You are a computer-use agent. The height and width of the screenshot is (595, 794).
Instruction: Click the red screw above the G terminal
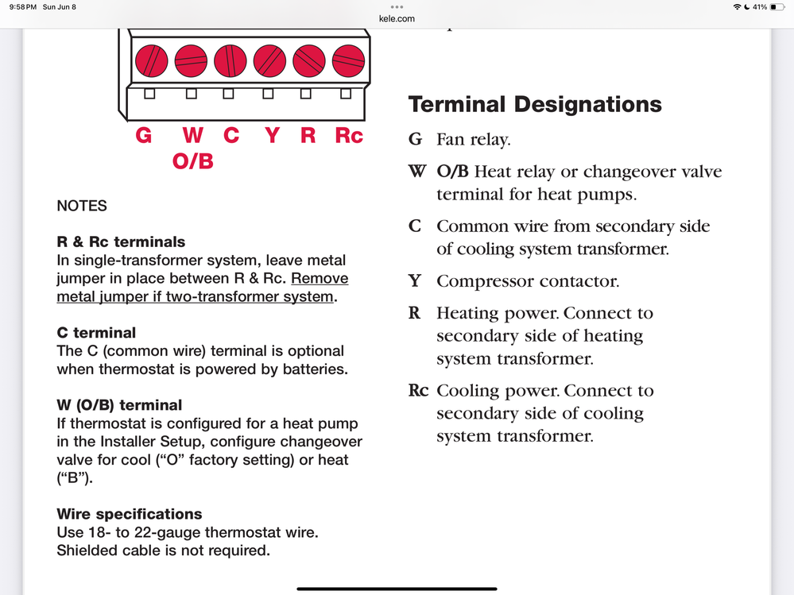[x=151, y=60]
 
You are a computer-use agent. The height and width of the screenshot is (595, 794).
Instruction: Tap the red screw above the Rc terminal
[x=348, y=60]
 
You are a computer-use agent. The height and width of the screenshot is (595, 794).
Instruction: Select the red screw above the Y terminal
[x=269, y=60]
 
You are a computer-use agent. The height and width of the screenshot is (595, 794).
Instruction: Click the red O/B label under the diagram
[x=193, y=161]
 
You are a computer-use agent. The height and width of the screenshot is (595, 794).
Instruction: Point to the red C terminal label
[x=231, y=136]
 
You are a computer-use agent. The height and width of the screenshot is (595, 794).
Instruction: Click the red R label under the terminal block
[x=308, y=136]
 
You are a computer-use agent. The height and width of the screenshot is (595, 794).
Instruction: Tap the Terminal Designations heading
[x=535, y=104]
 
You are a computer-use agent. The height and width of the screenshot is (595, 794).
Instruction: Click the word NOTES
[x=82, y=206]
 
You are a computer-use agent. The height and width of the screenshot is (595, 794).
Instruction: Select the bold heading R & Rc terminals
[x=121, y=241]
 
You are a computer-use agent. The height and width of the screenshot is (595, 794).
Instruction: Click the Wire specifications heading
[x=130, y=514]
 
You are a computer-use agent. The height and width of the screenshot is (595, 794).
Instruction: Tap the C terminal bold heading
[x=96, y=333]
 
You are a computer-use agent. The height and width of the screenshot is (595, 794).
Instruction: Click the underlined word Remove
[x=320, y=279]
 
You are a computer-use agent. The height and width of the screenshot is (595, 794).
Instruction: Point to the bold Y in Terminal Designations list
[x=414, y=281]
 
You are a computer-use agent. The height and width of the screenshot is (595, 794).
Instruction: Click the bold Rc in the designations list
[x=418, y=391]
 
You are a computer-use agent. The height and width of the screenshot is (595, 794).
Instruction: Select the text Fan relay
[x=473, y=140]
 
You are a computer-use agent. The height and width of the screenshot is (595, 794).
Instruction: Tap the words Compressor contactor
[x=527, y=281]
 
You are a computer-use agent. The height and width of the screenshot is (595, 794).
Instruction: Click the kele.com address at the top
[x=397, y=18]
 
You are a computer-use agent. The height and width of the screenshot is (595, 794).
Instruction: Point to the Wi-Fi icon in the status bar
[x=737, y=7]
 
